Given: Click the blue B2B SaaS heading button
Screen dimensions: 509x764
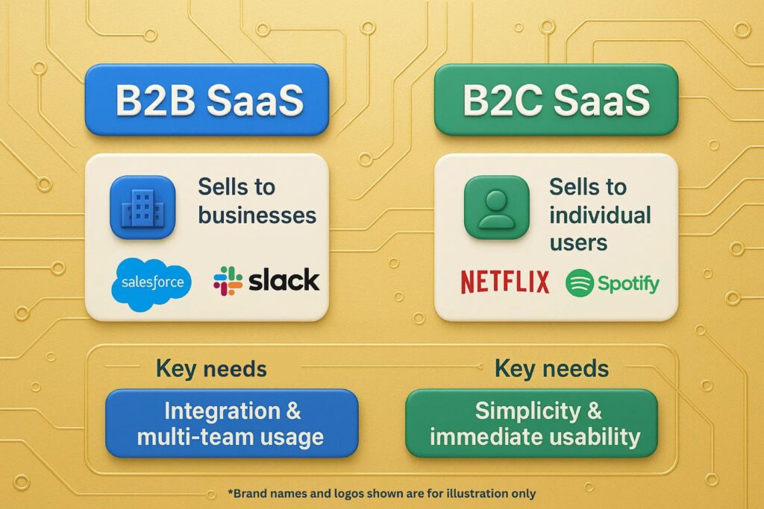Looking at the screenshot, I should (x=207, y=100).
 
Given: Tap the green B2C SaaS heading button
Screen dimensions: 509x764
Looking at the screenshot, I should (x=556, y=100).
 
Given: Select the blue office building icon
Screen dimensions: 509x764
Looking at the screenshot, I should (x=142, y=206).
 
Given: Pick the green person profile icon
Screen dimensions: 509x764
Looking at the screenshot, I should (x=496, y=206).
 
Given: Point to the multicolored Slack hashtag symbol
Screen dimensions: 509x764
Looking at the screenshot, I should (x=228, y=281).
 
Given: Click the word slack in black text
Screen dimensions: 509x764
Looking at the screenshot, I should (x=284, y=280).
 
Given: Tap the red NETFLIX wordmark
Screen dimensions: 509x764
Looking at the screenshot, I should (x=505, y=282).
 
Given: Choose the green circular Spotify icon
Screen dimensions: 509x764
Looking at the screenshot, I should (x=580, y=283).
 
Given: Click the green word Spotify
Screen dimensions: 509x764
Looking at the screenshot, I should (x=627, y=284).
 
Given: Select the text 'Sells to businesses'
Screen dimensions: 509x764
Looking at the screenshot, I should (x=257, y=201).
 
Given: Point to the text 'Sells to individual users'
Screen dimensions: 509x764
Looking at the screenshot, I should (x=599, y=214).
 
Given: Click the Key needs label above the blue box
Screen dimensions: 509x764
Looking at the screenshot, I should (x=211, y=368).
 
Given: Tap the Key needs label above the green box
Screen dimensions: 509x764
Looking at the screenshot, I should (x=551, y=368).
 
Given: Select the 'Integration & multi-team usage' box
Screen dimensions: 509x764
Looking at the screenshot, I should (x=231, y=423).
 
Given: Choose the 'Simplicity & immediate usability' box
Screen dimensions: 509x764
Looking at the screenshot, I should (x=531, y=423).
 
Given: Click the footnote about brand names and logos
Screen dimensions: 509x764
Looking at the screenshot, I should (x=381, y=493).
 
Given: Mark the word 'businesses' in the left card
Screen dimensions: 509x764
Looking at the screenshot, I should (x=257, y=215).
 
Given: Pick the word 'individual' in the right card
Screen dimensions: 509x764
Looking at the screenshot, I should (x=600, y=215).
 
